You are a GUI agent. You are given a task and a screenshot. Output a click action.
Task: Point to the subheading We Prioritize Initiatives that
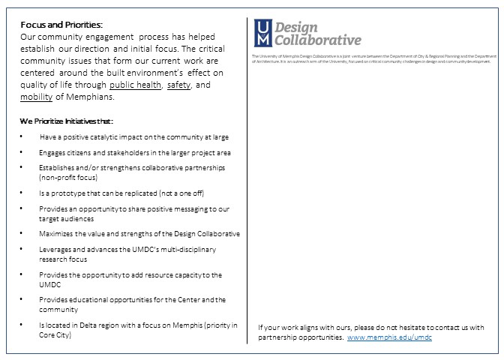pyautogui.click(x=67, y=121)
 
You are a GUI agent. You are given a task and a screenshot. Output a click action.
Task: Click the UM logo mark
pyautogui.click(x=263, y=34)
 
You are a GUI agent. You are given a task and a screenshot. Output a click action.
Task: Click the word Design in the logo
pyautogui.click(x=295, y=26)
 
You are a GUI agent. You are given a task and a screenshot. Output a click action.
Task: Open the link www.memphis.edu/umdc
pyautogui.click(x=389, y=337)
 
